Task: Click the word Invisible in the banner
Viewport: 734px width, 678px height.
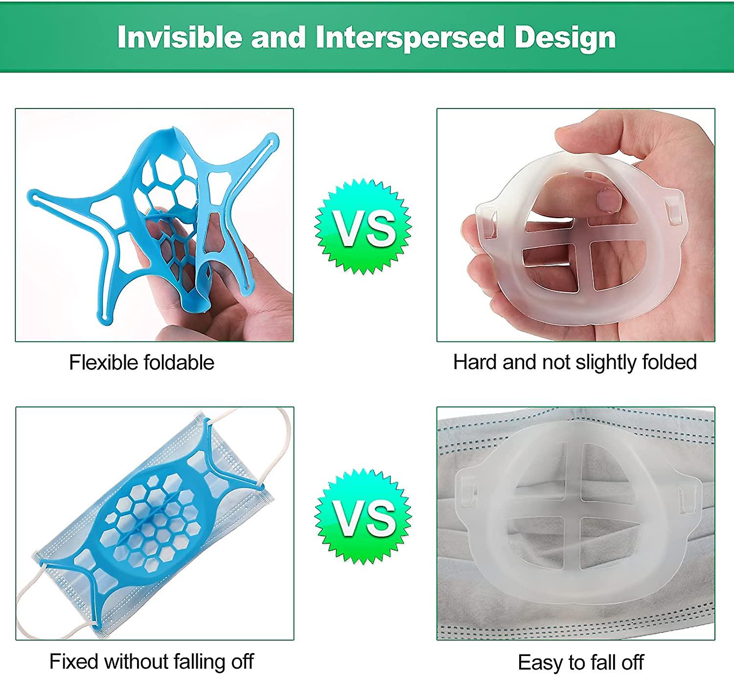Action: click(180, 37)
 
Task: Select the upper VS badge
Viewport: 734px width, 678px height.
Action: click(363, 226)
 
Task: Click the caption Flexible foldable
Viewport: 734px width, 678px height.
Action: click(141, 362)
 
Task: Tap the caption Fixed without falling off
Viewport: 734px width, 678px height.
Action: click(151, 661)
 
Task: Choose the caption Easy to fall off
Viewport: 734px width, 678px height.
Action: click(580, 663)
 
